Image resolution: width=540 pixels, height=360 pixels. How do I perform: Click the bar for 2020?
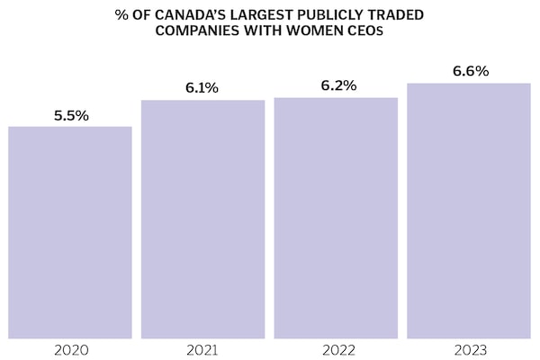tap(70, 232)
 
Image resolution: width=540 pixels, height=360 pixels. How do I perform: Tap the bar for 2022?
tap(336, 218)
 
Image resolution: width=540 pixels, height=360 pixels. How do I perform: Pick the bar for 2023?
tap(469, 211)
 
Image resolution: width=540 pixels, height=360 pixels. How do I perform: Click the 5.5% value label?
tap(70, 116)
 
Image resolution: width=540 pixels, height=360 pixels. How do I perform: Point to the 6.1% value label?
tap(203, 89)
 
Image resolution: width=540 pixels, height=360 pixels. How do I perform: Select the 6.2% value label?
tap(336, 86)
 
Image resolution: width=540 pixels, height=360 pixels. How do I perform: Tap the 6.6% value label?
tap(469, 71)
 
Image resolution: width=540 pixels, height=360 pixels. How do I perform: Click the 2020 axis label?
tap(70, 348)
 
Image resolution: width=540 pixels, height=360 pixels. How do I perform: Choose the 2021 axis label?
tap(203, 348)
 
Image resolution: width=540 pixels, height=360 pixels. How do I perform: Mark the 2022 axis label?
tap(336, 348)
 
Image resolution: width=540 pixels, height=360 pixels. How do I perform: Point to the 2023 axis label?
tap(469, 348)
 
